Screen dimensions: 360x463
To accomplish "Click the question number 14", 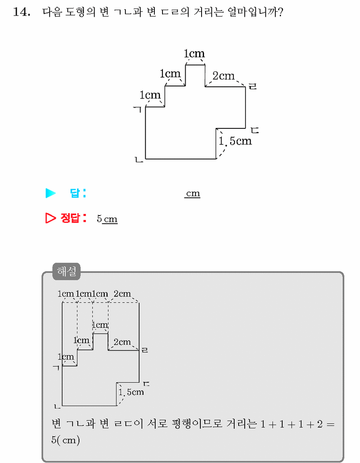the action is coord(22,12).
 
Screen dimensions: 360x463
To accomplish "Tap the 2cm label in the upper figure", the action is coord(224,76).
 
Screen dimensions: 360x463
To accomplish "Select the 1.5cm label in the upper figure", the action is coord(235,141).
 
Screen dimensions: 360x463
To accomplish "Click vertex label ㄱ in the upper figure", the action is coord(137,110).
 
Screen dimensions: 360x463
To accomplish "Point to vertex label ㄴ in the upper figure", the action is coord(139,160).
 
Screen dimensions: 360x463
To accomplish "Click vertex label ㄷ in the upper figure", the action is coord(255,130).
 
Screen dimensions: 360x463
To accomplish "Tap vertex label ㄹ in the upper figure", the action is coord(252,86).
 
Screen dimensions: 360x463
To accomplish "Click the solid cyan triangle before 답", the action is coord(50,193).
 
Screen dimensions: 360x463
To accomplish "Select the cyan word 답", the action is coord(75,193).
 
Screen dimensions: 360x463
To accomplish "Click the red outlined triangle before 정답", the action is coord(50,218).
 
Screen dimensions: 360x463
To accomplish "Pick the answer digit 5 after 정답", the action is coord(99,219).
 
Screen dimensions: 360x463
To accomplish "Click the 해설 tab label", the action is coord(67,271).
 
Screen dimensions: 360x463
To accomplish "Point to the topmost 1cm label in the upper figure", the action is coord(194,54).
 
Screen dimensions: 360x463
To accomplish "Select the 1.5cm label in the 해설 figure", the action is coord(131,392).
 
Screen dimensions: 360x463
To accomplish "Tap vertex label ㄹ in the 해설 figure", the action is coord(145,350).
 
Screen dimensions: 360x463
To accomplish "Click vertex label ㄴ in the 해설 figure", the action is coord(57,407).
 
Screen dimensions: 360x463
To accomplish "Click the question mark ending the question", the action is coord(280,12).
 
